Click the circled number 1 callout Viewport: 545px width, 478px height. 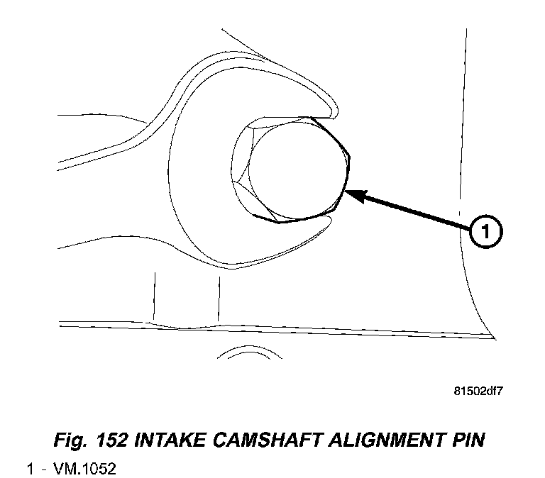[485, 232]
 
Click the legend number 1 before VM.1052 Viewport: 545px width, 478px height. [31, 469]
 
